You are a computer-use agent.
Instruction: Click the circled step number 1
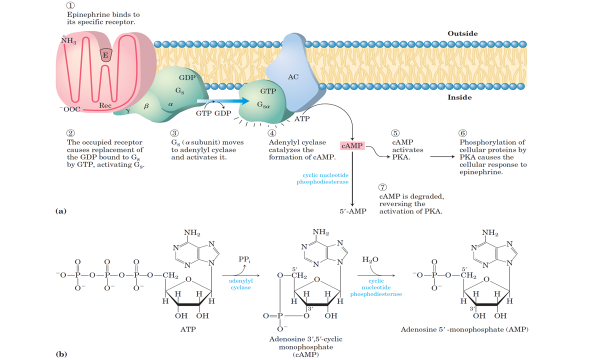71,6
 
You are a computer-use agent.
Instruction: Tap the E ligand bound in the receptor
105,55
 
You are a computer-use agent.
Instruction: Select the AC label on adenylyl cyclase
293,77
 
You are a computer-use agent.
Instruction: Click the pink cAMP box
352,145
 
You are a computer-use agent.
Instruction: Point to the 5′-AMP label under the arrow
352,211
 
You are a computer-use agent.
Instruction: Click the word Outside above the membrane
462,33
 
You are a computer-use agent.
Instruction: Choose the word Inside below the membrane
459,97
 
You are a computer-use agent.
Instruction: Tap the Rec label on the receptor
105,105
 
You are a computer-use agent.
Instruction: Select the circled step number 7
383,187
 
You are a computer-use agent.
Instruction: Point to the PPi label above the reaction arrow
244,260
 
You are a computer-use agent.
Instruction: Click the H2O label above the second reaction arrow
370,260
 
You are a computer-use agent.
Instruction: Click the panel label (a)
60,211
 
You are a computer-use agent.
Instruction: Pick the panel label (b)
61,354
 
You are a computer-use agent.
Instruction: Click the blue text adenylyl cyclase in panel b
240,284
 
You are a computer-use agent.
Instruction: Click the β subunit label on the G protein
146,106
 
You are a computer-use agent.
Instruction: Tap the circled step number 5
395,133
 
